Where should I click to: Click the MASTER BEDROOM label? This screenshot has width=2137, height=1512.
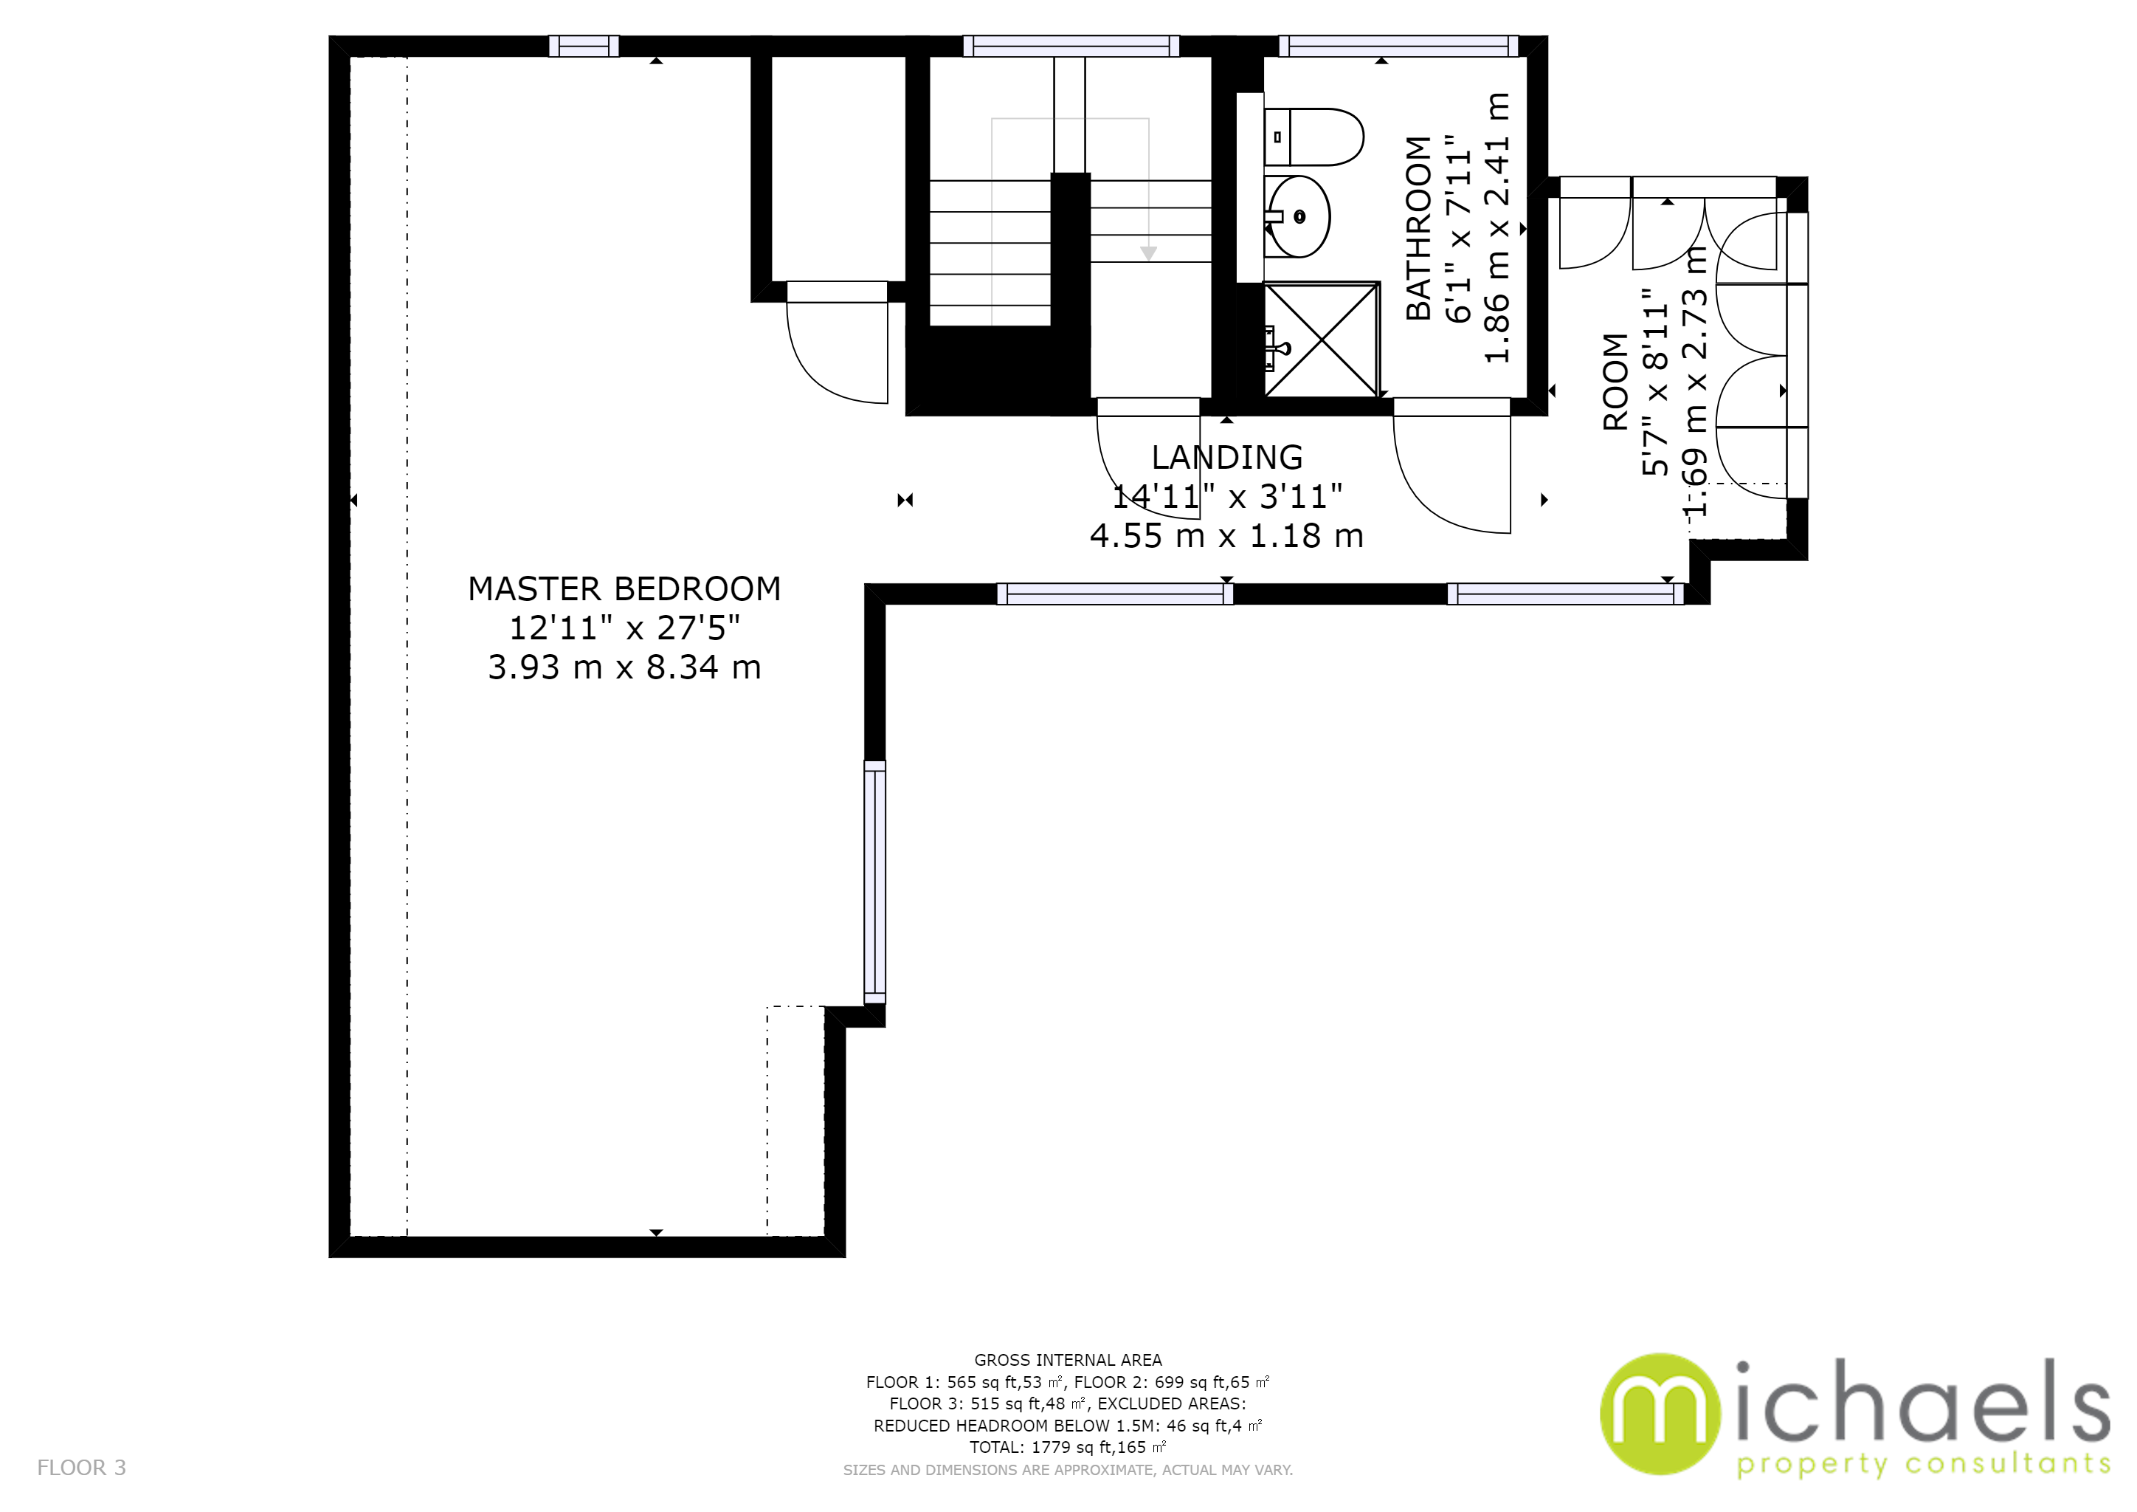point(624,588)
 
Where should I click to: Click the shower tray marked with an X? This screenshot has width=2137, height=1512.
point(1321,339)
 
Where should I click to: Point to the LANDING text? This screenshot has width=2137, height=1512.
point(1226,457)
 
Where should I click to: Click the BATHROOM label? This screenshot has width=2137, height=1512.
point(1418,228)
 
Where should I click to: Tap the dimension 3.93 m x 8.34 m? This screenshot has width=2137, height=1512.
point(624,667)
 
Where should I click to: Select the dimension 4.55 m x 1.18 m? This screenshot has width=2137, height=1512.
point(1226,536)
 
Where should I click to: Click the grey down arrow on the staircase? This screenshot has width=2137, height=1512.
point(1148,253)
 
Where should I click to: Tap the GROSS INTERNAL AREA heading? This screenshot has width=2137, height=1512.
point(1068,1360)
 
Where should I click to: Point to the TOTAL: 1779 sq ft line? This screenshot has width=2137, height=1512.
point(1068,1448)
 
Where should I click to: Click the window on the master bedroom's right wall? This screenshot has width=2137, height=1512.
point(875,882)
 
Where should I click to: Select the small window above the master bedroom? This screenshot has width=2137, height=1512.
point(584,46)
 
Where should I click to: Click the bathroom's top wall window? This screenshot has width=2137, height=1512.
point(1399,46)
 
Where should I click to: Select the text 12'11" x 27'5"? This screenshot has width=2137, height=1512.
point(624,628)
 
